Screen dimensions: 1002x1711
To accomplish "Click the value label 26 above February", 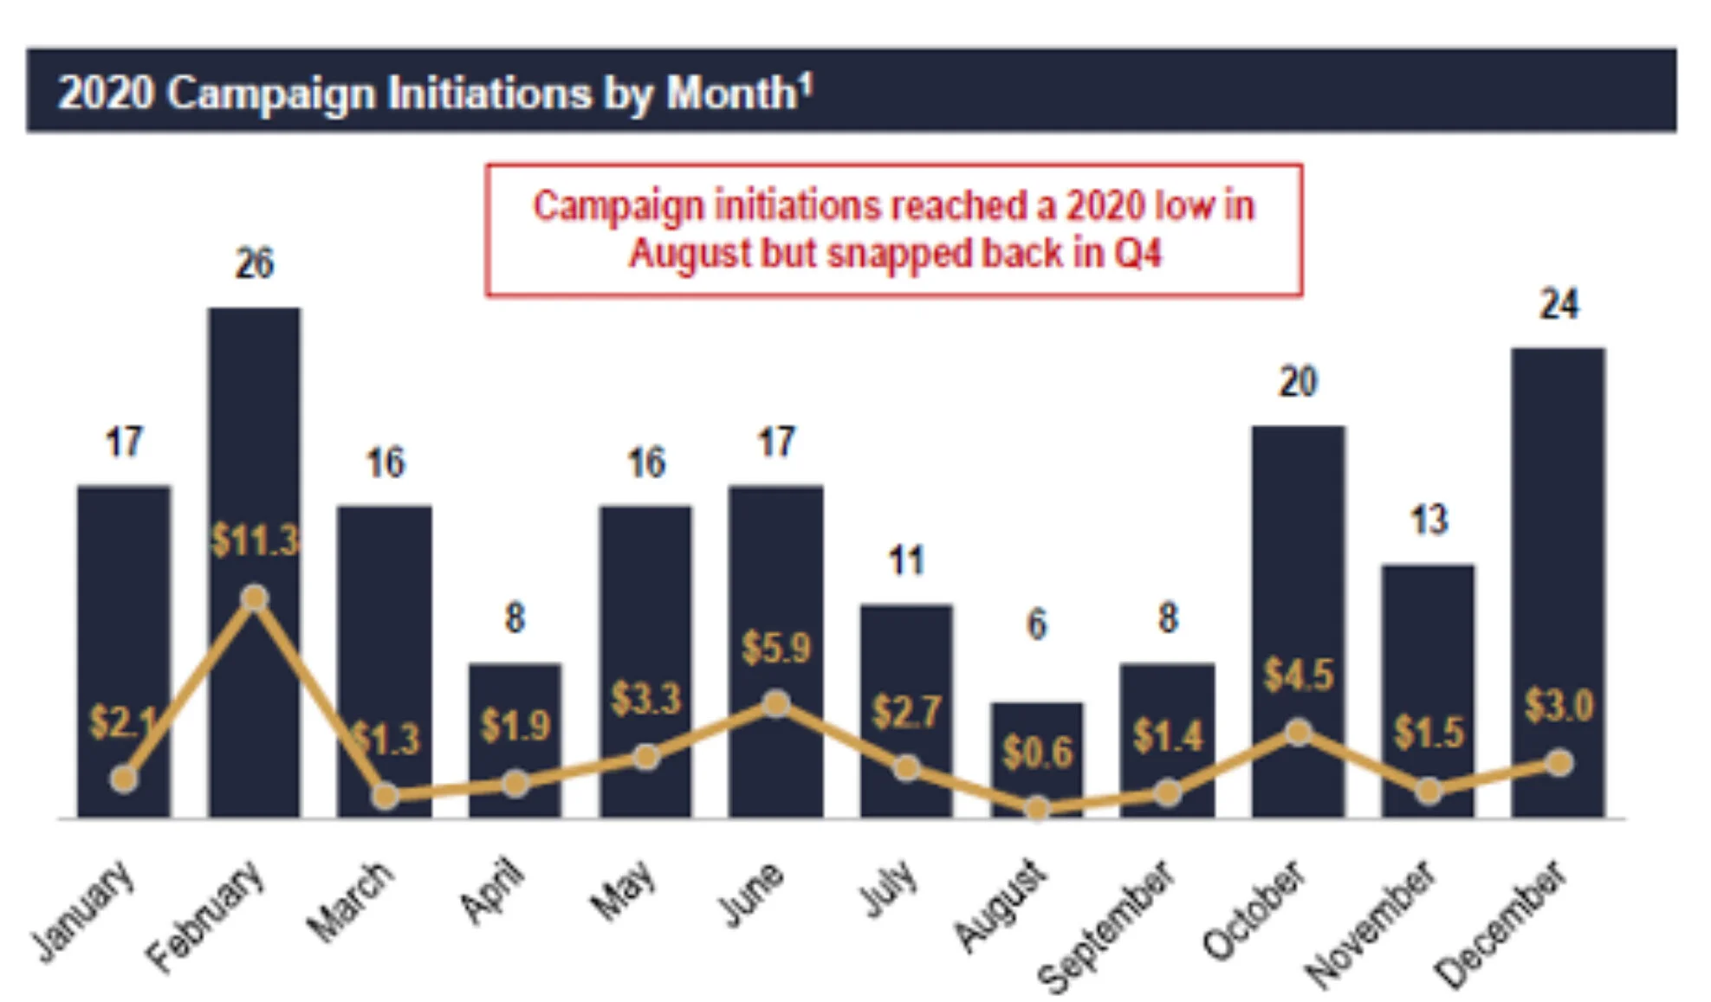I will pyautogui.click(x=254, y=263).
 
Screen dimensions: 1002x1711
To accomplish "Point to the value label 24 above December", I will pyautogui.click(x=1559, y=305).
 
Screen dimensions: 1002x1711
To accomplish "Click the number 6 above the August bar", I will pyautogui.click(x=1036, y=624).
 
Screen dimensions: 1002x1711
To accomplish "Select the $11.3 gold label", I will pyautogui.click(x=255, y=541).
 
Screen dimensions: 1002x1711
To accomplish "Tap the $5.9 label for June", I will pyautogui.click(x=775, y=648).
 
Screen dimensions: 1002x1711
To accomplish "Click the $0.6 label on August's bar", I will pyautogui.click(x=1037, y=752).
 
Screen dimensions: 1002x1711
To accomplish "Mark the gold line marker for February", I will pyautogui.click(x=254, y=598).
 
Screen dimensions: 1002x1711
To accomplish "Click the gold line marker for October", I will pyautogui.click(x=1297, y=733).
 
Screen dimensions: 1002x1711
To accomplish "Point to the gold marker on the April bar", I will pyautogui.click(x=515, y=785).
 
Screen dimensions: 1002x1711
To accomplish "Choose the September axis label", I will pyautogui.click(x=1106, y=927).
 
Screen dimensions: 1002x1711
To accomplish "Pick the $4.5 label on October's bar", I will pyautogui.click(x=1298, y=675).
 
